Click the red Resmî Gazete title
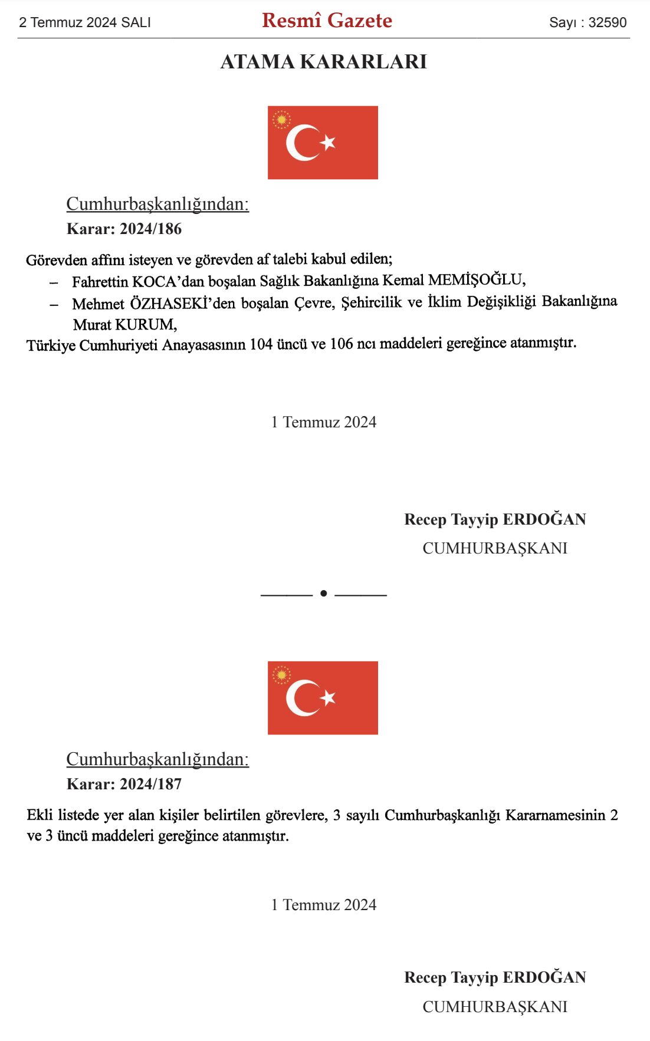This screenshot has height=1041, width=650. (x=327, y=21)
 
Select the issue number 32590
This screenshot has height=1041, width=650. (x=607, y=22)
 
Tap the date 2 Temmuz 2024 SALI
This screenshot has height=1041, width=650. (x=85, y=22)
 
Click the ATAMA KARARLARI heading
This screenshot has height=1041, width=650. (x=323, y=61)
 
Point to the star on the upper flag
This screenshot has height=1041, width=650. (x=328, y=142)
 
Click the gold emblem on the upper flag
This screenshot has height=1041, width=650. (x=281, y=120)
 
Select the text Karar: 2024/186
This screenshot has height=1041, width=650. (x=124, y=229)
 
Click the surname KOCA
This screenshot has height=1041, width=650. (x=153, y=282)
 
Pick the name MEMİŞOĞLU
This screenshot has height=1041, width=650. (x=476, y=279)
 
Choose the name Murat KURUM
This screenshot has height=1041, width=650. (x=124, y=324)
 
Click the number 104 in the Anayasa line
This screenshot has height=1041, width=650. (x=261, y=344)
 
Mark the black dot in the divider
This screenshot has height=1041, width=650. (x=323, y=593)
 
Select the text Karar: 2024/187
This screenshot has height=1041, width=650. (x=124, y=784)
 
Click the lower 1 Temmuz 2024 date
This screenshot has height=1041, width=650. (x=323, y=905)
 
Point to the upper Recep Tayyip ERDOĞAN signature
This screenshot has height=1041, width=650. (x=495, y=519)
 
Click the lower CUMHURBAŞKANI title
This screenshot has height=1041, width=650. (x=495, y=1006)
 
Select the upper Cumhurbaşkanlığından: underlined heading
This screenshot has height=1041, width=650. (x=157, y=204)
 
